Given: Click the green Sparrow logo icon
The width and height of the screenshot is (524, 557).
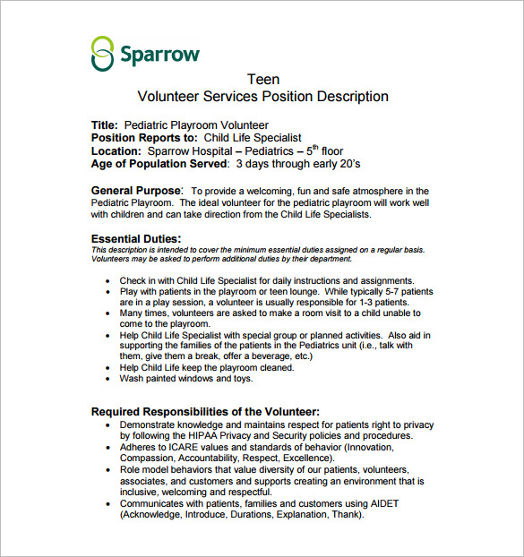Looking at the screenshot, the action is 103,54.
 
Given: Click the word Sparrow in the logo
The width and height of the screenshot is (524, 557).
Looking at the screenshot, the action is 160,53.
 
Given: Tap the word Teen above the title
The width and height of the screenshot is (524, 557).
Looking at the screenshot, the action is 262,79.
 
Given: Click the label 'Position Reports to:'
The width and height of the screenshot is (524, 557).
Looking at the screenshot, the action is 144,138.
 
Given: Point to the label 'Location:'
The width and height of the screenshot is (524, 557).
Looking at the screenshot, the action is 116,151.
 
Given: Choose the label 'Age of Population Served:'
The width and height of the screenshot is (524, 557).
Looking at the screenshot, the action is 160,165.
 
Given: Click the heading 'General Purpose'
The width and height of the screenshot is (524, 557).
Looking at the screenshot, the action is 136,191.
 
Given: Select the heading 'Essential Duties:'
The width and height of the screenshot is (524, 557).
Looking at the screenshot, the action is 136,238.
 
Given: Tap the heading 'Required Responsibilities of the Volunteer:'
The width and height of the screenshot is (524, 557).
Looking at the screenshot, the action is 205,412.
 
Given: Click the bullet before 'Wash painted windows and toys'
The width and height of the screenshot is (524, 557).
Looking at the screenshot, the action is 107,379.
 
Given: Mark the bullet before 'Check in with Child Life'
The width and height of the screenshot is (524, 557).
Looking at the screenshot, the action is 107,281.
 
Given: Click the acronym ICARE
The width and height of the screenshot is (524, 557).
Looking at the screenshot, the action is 187,447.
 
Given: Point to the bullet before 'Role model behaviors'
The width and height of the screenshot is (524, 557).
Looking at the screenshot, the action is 107,470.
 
